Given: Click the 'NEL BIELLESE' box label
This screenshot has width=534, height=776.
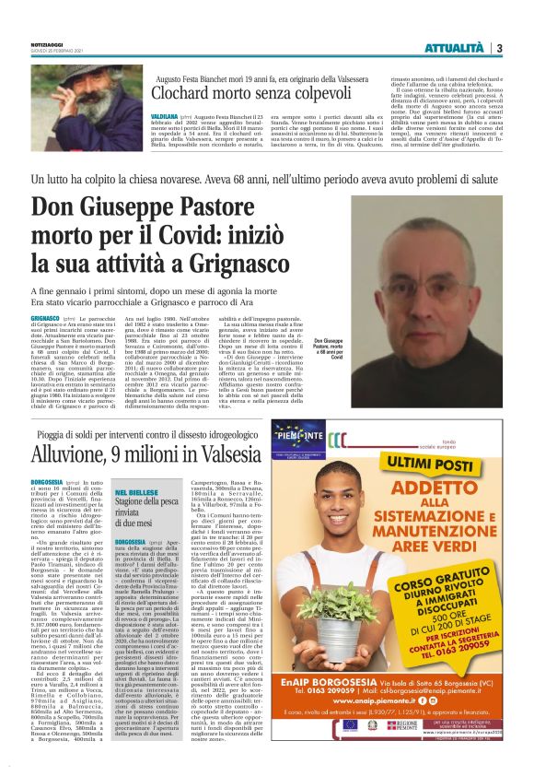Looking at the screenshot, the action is (137, 493).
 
